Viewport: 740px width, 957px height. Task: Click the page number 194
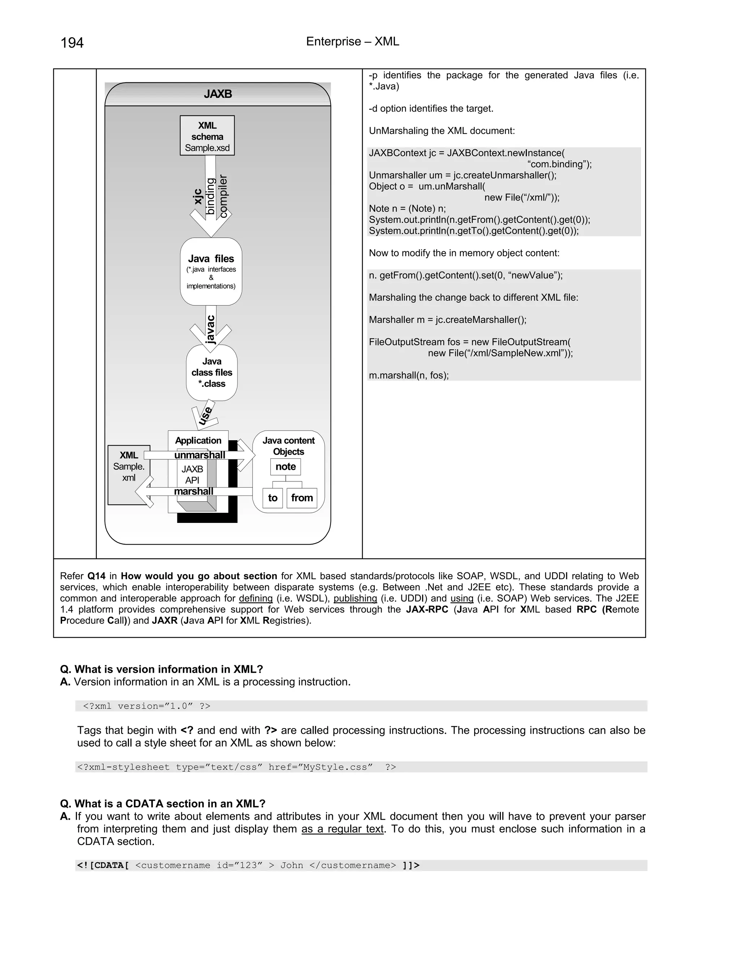pos(72,43)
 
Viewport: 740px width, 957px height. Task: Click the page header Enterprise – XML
pos(352,41)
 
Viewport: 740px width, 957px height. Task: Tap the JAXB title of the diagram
pos(218,94)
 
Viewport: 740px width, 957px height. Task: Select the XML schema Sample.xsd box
pos(207,136)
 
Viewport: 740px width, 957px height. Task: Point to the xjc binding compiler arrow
pos(211,197)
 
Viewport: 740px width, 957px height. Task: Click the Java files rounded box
pos(211,272)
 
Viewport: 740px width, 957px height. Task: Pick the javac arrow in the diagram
pos(211,329)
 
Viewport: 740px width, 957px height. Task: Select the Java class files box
pos(212,372)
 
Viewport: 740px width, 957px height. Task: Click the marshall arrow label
pos(193,491)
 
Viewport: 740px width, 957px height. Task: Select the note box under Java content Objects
pos(285,467)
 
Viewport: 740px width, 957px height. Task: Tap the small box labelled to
pos(273,498)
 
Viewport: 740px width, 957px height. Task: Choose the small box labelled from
pos(302,498)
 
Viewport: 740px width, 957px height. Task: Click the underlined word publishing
pos(355,598)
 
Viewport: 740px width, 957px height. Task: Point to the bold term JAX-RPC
pos(427,609)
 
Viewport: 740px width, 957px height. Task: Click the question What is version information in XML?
pos(161,669)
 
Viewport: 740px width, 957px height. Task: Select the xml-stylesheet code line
pos(237,767)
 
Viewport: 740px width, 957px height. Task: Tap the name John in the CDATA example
pos(292,865)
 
